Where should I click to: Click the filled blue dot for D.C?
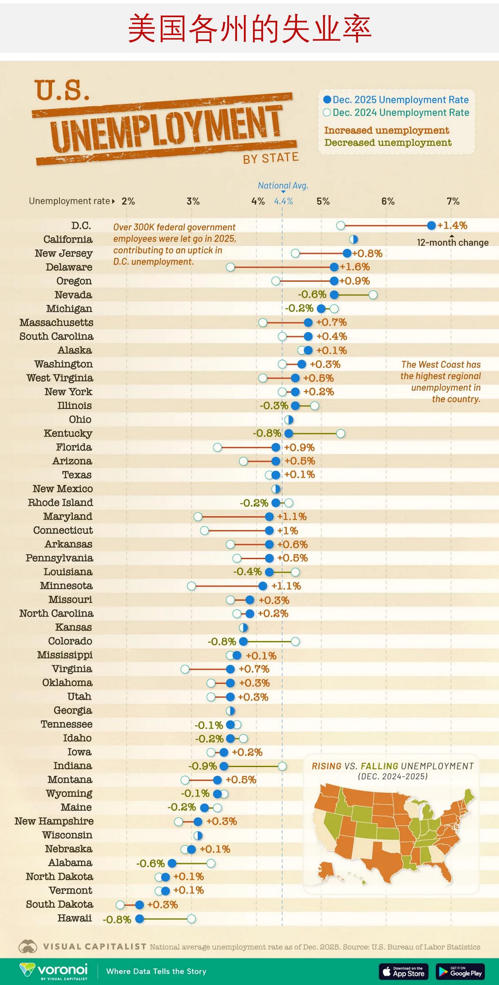point(431,225)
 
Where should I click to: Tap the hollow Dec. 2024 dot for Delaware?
point(230,267)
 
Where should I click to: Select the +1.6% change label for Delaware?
point(355,267)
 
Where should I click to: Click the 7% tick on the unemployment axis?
point(453,201)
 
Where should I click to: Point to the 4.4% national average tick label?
point(283,201)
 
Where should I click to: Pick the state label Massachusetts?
point(57,323)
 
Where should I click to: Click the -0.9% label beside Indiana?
point(202,766)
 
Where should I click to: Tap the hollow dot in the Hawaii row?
point(191,919)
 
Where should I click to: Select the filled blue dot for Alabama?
point(172,863)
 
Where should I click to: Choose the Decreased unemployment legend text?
point(388,143)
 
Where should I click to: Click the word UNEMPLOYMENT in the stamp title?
point(166,129)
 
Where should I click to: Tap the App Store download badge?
point(403,971)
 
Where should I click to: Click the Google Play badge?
point(460,971)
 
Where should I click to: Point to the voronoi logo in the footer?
point(54,971)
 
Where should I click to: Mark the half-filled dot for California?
point(354,240)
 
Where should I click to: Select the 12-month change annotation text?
point(453,243)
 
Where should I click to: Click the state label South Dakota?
point(60,904)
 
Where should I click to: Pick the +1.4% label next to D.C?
point(452,225)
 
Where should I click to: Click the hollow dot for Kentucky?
point(341,433)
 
